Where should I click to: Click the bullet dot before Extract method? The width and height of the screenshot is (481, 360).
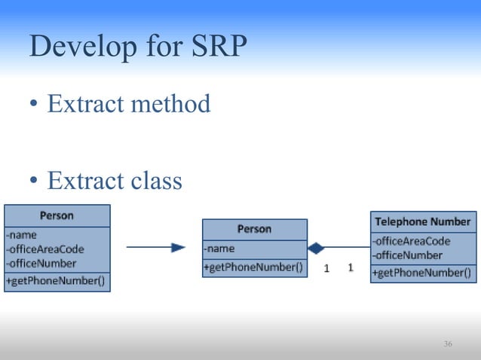tap(35, 105)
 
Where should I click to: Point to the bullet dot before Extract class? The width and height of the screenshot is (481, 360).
tap(35, 182)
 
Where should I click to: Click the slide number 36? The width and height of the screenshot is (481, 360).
tap(448, 344)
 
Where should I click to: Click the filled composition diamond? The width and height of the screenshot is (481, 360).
tap(316, 248)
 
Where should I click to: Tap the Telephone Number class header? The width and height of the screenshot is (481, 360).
tap(422, 222)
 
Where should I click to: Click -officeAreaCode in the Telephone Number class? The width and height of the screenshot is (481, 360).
tap(411, 241)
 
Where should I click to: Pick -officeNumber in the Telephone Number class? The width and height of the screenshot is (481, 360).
tap(407, 255)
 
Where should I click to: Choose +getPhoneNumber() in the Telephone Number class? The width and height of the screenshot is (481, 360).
tap(422, 273)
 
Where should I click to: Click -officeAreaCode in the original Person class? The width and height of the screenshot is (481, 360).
tap(45, 249)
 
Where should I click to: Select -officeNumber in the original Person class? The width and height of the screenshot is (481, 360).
tap(41, 264)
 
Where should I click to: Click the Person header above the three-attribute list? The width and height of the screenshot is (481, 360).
tap(57, 216)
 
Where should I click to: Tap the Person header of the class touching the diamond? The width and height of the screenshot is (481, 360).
tap(254, 229)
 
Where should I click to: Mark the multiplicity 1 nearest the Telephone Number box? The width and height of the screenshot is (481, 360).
tap(351, 267)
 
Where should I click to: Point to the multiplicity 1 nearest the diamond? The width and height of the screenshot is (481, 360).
tap(326, 267)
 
